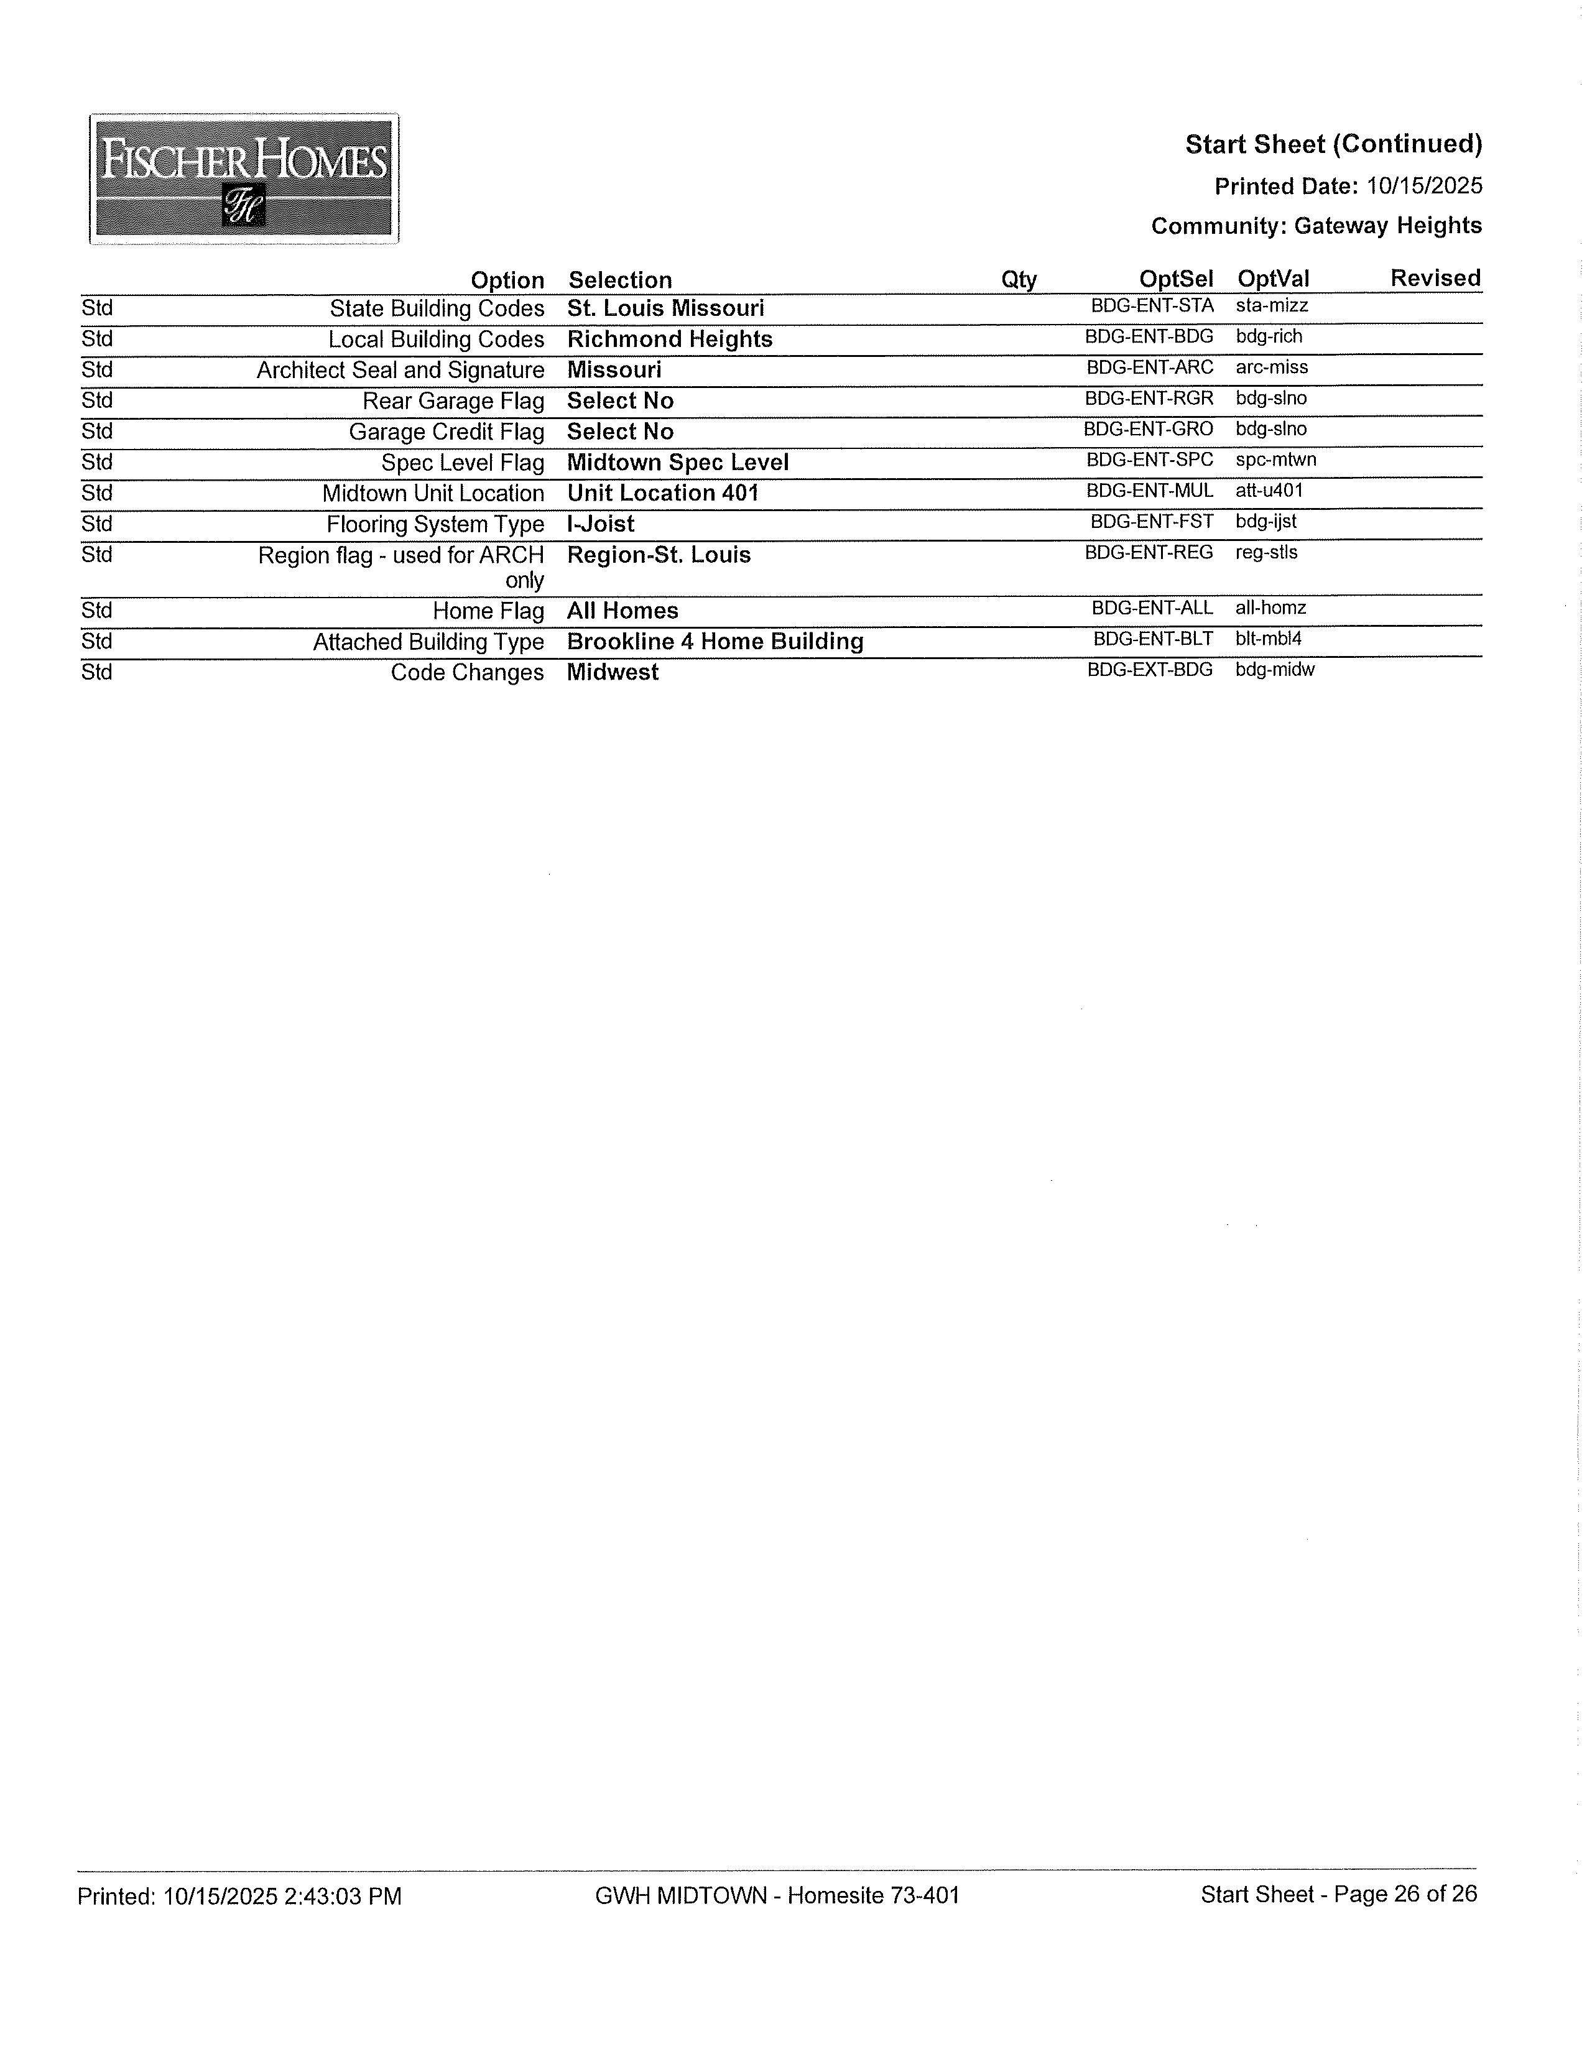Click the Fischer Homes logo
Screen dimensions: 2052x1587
point(243,178)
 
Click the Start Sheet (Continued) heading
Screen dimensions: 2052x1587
point(1333,145)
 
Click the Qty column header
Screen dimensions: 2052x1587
point(1019,280)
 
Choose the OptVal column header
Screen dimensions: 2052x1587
point(1272,279)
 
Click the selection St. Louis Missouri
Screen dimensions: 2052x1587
point(665,308)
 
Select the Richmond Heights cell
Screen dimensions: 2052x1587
point(669,339)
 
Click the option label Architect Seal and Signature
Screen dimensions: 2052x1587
point(400,370)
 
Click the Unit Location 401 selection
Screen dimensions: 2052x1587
point(662,493)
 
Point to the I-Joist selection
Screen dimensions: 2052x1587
point(600,524)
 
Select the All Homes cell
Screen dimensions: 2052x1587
point(622,611)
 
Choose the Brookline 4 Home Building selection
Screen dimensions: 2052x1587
point(715,642)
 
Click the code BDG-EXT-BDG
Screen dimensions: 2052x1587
point(1149,670)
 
